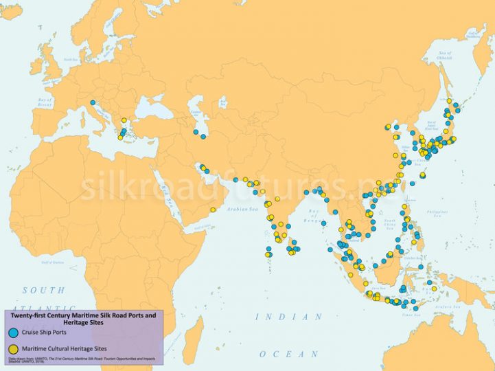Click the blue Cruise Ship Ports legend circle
pos(12,333)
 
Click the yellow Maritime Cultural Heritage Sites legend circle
pos(12,349)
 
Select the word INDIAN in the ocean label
pos(288,317)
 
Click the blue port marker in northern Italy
pos(92,103)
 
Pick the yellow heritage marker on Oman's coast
pos(213,210)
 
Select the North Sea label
pos(69,60)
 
